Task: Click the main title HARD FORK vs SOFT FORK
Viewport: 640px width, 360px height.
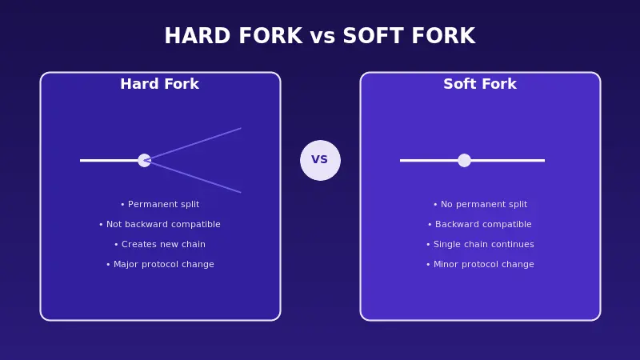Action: pyautogui.click(x=319, y=37)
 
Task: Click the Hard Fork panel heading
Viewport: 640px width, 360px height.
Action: pyautogui.click(x=159, y=84)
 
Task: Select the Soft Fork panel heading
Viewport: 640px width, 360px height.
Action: pyautogui.click(x=480, y=84)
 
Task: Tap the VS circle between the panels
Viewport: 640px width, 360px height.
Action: pyautogui.click(x=320, y=160)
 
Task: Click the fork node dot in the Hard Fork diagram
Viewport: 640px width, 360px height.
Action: pyautogui.click(x=144, y=160)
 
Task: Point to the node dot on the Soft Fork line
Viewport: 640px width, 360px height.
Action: pyautogui.click(x=464, y=160)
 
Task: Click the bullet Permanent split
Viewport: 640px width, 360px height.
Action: pyautogui.click(x=159, y=205)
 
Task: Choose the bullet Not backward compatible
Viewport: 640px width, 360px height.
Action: pyautogui.click(x=159, y=225)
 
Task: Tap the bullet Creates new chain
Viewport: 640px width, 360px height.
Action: pyautogui.click(x=159, y=245)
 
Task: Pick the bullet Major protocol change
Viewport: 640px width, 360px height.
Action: pyautogui.click(x=159, y=265)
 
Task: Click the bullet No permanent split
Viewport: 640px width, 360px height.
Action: pyautogui.click(x=480, y=205)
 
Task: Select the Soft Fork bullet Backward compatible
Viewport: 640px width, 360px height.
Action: pyautogui.click(x=480, y=225)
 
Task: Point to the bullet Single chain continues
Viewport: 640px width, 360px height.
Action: pyautogui.click(x=480, y=245)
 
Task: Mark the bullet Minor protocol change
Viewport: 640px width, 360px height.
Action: pyautogui.click(x=480, y=265)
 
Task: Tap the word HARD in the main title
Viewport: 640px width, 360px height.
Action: pyautogui.click(x=193, y=37)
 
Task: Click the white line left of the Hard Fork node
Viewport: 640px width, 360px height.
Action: pyautogui.click(x=109, y=160)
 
